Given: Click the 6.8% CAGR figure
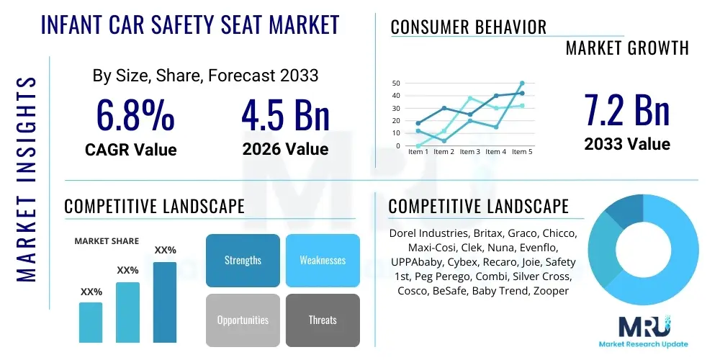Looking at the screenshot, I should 135,114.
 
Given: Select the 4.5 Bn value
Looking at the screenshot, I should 285,114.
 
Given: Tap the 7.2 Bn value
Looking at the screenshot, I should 626,109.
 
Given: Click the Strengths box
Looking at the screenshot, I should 243,260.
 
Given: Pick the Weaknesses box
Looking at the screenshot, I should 323,260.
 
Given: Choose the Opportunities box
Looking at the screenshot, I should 243,320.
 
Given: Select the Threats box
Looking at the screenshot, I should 323,320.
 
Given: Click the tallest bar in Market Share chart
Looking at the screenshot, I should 165,302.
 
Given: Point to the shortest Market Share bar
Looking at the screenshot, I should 91,322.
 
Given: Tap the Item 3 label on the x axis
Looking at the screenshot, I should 469,152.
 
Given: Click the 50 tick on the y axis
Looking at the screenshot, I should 396,84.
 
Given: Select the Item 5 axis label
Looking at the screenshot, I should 522,152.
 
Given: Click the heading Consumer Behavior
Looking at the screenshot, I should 468,27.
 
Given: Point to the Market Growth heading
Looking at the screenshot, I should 626,48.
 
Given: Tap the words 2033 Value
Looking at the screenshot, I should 626,144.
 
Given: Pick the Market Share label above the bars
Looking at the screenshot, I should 107,241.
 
